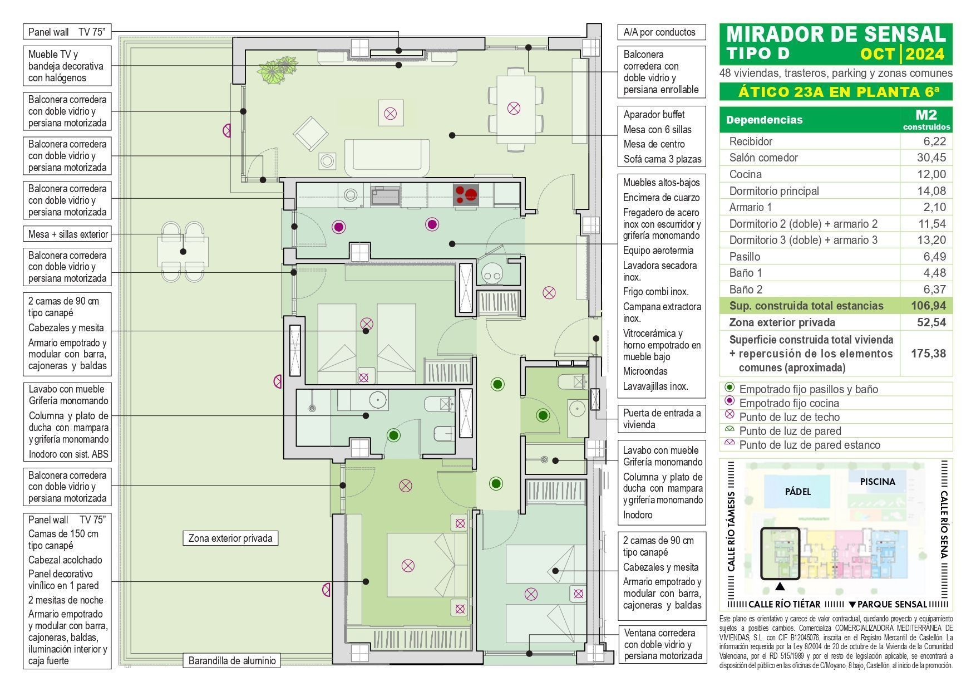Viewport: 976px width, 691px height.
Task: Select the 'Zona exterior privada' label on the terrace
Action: click(x=230, y=538)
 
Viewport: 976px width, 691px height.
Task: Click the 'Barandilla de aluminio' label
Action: click(x=232, y=661)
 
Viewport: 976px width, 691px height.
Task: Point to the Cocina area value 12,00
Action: click(x=931, y=174)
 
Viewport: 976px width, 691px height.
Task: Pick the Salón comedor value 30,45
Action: click(x=931, y=158)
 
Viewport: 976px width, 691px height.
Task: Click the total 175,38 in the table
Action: click(x=928, y=354)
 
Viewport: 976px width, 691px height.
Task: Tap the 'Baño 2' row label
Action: click(x=746, y=290)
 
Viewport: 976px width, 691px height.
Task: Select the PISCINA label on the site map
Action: click(x=878, y=482)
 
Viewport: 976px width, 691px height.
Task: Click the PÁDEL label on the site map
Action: click(x=798, y=492)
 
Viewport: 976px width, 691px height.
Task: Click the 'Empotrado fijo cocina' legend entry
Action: click(x=788, y=403)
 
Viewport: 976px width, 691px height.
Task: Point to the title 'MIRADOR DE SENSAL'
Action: click(x=836, y=35)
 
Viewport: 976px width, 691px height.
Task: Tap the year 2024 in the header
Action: click(x=925, y=54)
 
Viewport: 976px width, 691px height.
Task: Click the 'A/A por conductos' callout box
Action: click(x=661, y=32)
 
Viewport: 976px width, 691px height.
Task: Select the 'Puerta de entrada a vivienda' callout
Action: click(x=661, y=419)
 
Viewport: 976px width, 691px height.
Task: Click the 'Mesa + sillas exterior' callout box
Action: click(x=68, y=234)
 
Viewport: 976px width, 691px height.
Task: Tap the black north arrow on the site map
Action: click(x=780, y=586)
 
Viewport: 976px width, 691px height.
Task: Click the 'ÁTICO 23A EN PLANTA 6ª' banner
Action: click(x=835, y=92)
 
